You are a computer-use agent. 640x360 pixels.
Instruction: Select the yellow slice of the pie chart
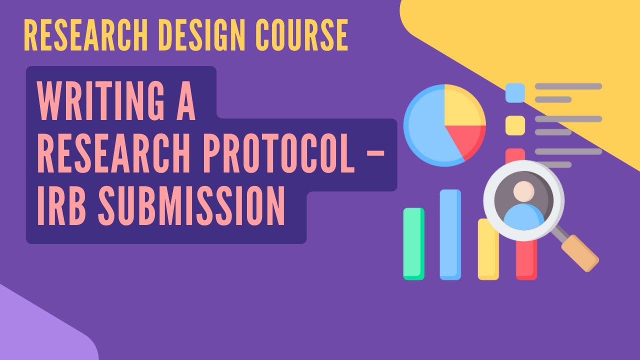[462, 106]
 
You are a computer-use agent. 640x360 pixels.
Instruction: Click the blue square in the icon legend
[515, 92]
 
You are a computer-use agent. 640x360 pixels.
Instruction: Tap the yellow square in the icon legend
[515, 125]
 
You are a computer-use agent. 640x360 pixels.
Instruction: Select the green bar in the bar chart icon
[413, 243]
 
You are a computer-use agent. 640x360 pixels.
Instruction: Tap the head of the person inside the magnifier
[523, 191]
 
